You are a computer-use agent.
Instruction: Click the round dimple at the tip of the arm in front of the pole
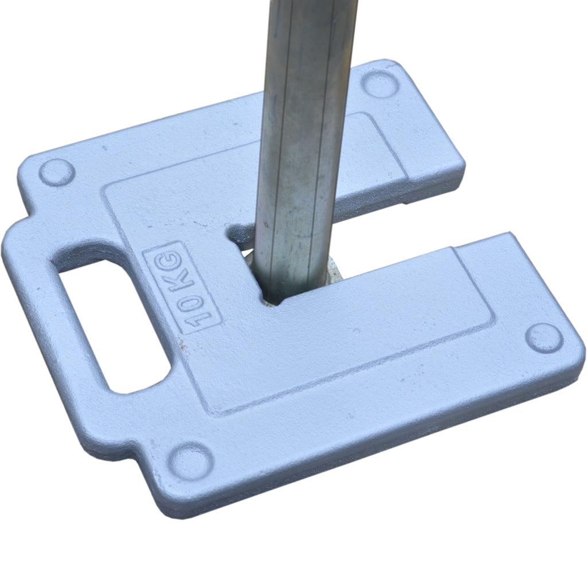pyautogui.click(x=543, y=337)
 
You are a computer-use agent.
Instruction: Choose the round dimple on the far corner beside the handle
pyautogui.click(x=56, y=172)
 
